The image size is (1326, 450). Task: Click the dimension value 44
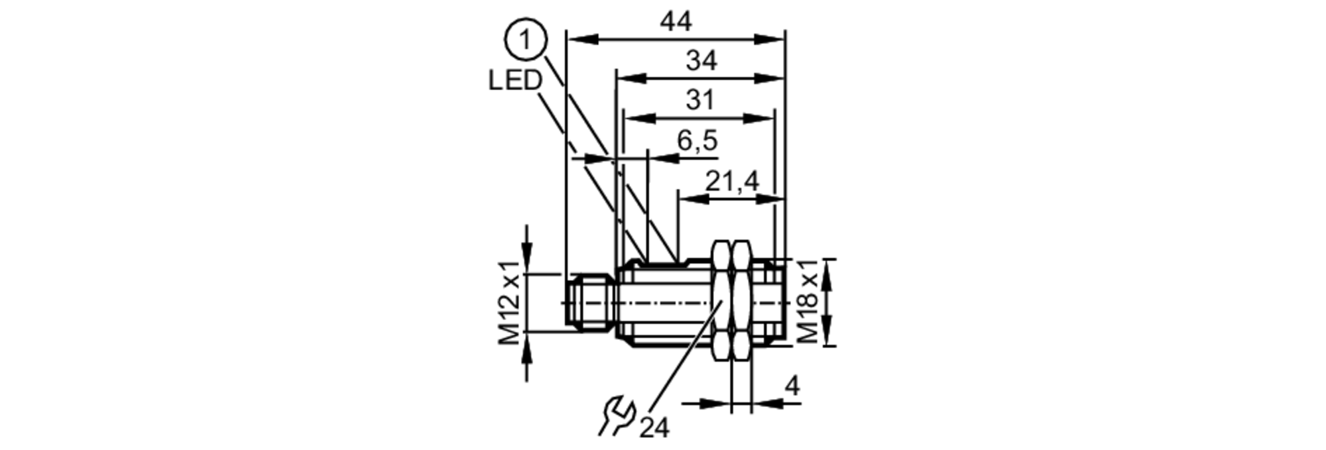tap(676, 23)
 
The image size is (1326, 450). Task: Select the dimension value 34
tap(701, 62)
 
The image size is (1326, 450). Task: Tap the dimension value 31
tap(699, 101)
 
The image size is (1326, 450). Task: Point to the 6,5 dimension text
tap(697, 141)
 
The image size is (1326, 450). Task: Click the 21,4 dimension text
tap(731, 181)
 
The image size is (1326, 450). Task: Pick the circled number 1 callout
tap(526, 41)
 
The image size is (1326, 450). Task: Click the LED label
tap(515, 81)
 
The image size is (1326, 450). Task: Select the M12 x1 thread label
tap(510, 303)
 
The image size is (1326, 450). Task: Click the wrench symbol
tap(617, 416)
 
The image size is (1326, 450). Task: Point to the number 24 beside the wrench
tap(654, 428)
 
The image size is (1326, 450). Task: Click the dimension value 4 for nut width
tap(792, 386)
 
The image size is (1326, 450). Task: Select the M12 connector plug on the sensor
tap(589, 302)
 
